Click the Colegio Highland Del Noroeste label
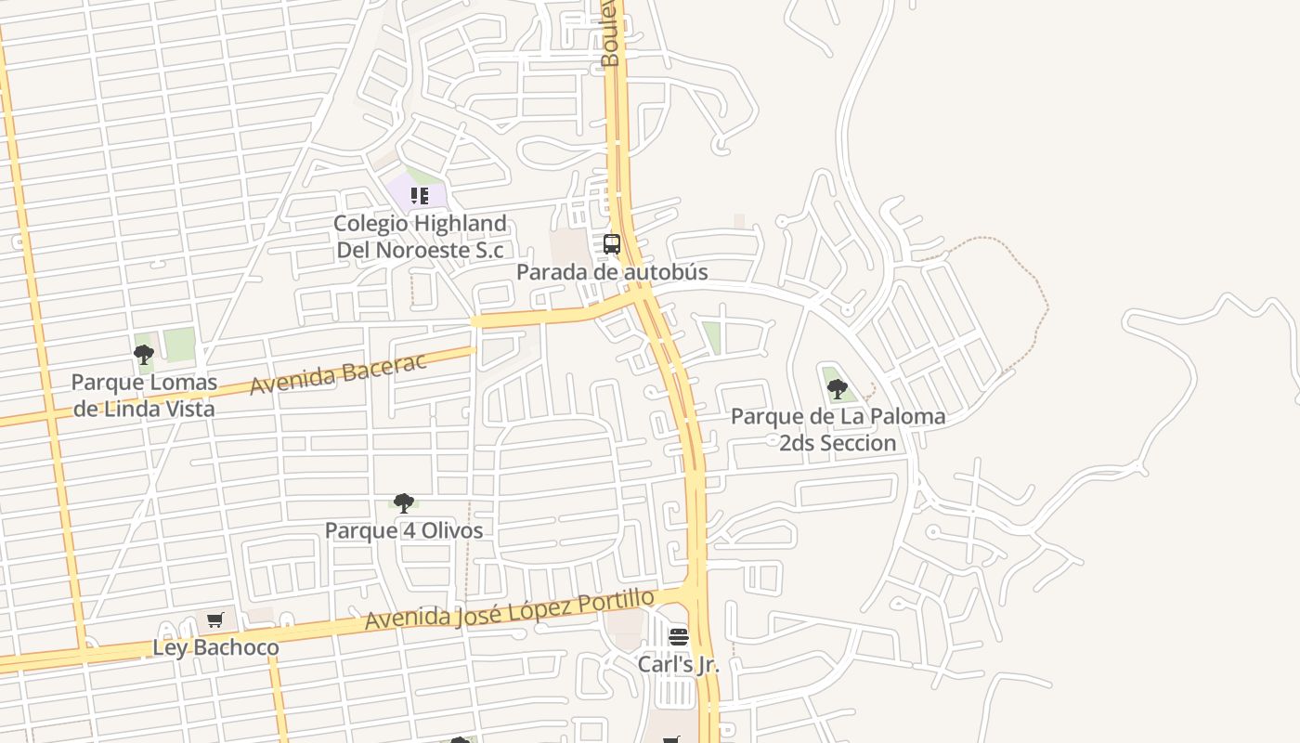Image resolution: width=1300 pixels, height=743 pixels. (x=420, y=237)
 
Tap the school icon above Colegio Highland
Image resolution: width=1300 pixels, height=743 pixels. (x=419, y=196)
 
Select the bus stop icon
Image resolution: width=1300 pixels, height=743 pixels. (x=612, y=244)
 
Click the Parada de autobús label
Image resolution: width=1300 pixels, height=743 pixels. (x=612, y=272)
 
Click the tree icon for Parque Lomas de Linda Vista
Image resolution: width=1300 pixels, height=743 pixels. (x=143, y=354)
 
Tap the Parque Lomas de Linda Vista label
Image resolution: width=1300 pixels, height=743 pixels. (x=144, y=395)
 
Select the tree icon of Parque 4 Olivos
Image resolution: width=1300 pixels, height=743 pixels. (x=403, y=503)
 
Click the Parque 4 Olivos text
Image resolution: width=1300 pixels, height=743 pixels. (x=404, y=530)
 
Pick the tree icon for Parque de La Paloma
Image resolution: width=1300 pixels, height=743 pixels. (x=837, y=388)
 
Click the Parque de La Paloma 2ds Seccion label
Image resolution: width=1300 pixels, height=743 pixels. (x=838, y=429)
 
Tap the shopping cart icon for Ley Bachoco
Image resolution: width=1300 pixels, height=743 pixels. (x=215, y=620)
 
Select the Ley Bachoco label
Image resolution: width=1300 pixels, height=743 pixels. (x=215, y=647)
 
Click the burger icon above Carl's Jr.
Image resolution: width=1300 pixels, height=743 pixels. (x=679, y=637)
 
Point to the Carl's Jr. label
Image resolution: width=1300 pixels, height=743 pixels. (x=678, y=665)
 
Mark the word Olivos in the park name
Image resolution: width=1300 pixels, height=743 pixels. (x=452, y=530)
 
